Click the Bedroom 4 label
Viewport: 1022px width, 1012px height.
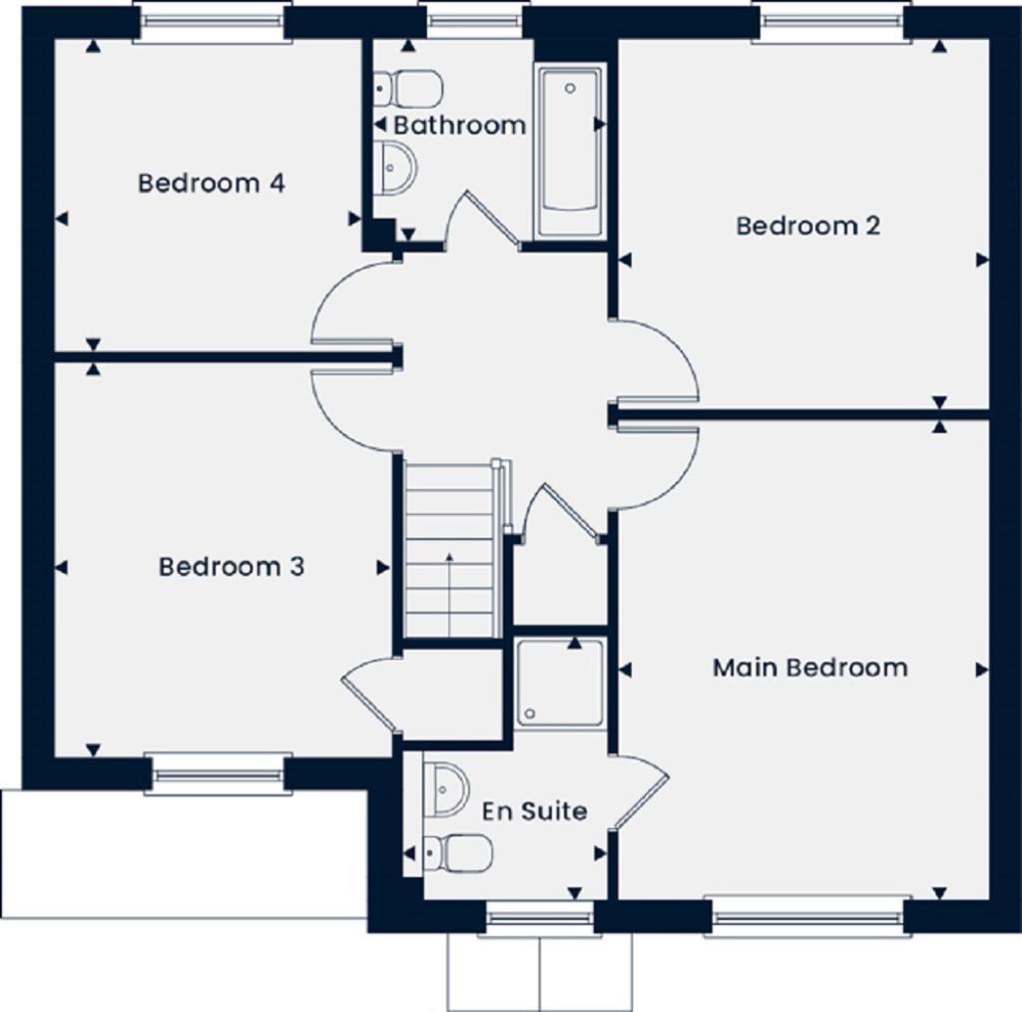click(212, 184)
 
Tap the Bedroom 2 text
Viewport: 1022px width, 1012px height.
click(807, 226)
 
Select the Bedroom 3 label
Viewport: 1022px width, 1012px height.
click(232, 567)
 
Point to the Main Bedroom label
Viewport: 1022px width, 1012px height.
click(809, 668)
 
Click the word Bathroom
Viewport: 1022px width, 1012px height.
click(459, 126)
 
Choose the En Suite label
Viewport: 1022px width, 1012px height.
click(534, 811)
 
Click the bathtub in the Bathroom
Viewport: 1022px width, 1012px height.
click(569, 150)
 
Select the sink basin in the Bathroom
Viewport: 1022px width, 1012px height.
click(396, 166)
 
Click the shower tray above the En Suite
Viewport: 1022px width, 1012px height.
click(560, 684)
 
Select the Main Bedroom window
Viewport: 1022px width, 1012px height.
click(808, 916)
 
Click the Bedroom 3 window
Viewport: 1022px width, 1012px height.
click(219, 773)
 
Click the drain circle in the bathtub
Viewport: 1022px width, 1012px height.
click(570, 88)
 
